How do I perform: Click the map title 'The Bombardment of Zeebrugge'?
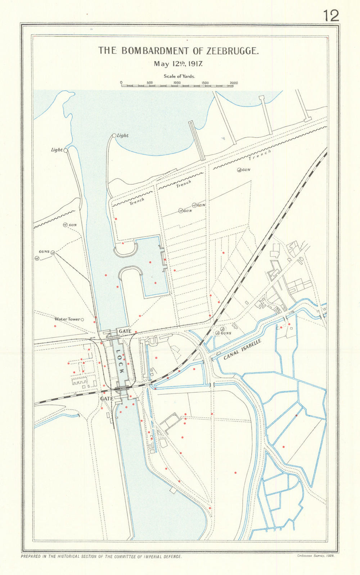click(179, 51)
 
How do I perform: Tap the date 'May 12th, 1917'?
click(179, 64)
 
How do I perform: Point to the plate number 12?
click(330, 16)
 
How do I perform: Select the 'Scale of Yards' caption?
click(179, 76)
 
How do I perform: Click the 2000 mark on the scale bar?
click(234, 83)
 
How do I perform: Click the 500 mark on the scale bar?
click(150, 83)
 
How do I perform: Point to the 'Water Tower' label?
click(67, 319)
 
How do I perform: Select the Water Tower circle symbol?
click(82, 319)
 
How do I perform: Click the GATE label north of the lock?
click(125, 331)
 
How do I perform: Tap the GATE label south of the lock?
click(107, 399)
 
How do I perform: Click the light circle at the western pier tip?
click(66, 151)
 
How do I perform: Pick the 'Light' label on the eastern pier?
click(123, 136)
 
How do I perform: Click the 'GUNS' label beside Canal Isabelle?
click(226, 333)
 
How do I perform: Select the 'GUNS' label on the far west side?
click(44, 251)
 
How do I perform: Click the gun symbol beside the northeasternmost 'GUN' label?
click(239, 170)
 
